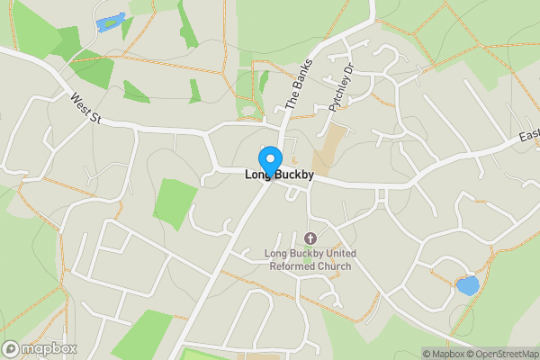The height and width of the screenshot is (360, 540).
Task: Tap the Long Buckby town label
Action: [x=279, y=175]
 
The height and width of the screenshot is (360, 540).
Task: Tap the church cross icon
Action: [x=310, y=238]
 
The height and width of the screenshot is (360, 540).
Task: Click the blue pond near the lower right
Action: [x=467, y=286]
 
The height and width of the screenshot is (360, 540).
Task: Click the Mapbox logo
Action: [x=40, y=349]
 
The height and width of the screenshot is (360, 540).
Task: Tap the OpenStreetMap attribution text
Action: [x=500, y=354]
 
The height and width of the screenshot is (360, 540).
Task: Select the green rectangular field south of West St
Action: [x=175, y=202]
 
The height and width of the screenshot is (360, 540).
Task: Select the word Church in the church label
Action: [x=332, y=265]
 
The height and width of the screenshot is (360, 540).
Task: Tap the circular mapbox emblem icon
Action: [x=11, y=349]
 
